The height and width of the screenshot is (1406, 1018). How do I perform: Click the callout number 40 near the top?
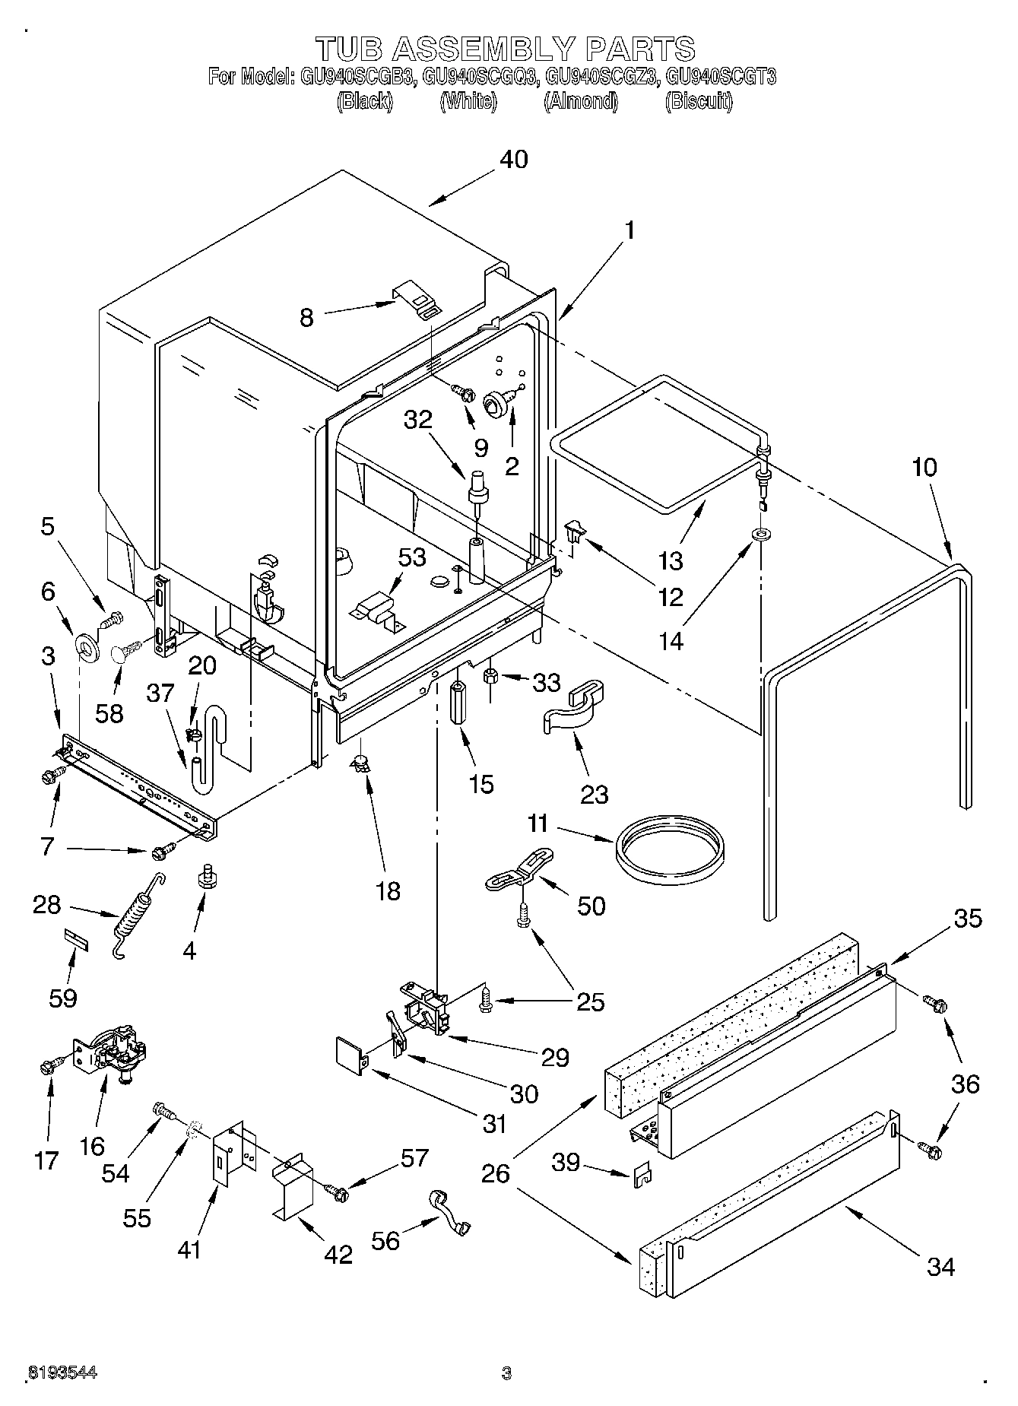[514, 160]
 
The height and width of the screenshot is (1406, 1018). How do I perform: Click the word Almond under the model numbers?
[581, 102]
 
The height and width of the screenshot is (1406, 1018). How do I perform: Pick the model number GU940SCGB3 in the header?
[354, 77]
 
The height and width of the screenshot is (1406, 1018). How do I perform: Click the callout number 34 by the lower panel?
[940, 1267]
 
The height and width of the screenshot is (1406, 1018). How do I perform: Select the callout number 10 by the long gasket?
[924, 467]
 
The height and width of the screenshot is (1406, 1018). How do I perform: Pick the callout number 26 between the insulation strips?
[495, 1174]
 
